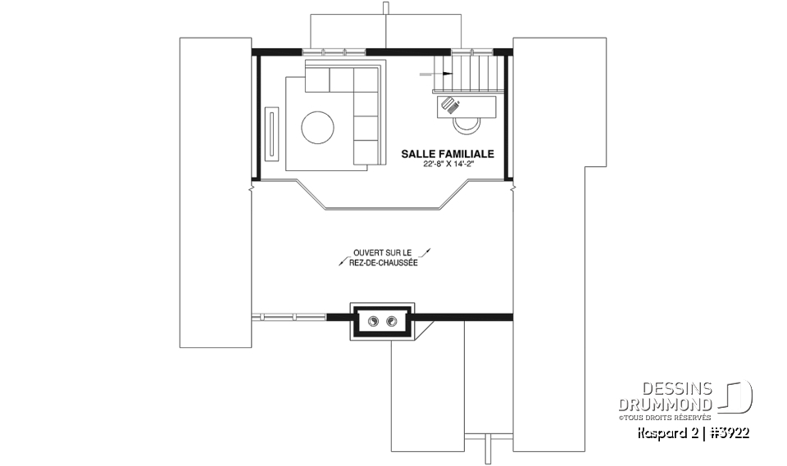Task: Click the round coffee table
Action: [x=318, y=128]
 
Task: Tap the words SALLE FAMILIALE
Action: [x=447, y=153]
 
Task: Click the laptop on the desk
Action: [x=450, y=104]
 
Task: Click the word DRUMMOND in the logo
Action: [x=665, y=405]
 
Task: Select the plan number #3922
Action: [x=730, y=432]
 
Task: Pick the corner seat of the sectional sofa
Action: [x=366, y=79]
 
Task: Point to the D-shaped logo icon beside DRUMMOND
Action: [x=737, y=396]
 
